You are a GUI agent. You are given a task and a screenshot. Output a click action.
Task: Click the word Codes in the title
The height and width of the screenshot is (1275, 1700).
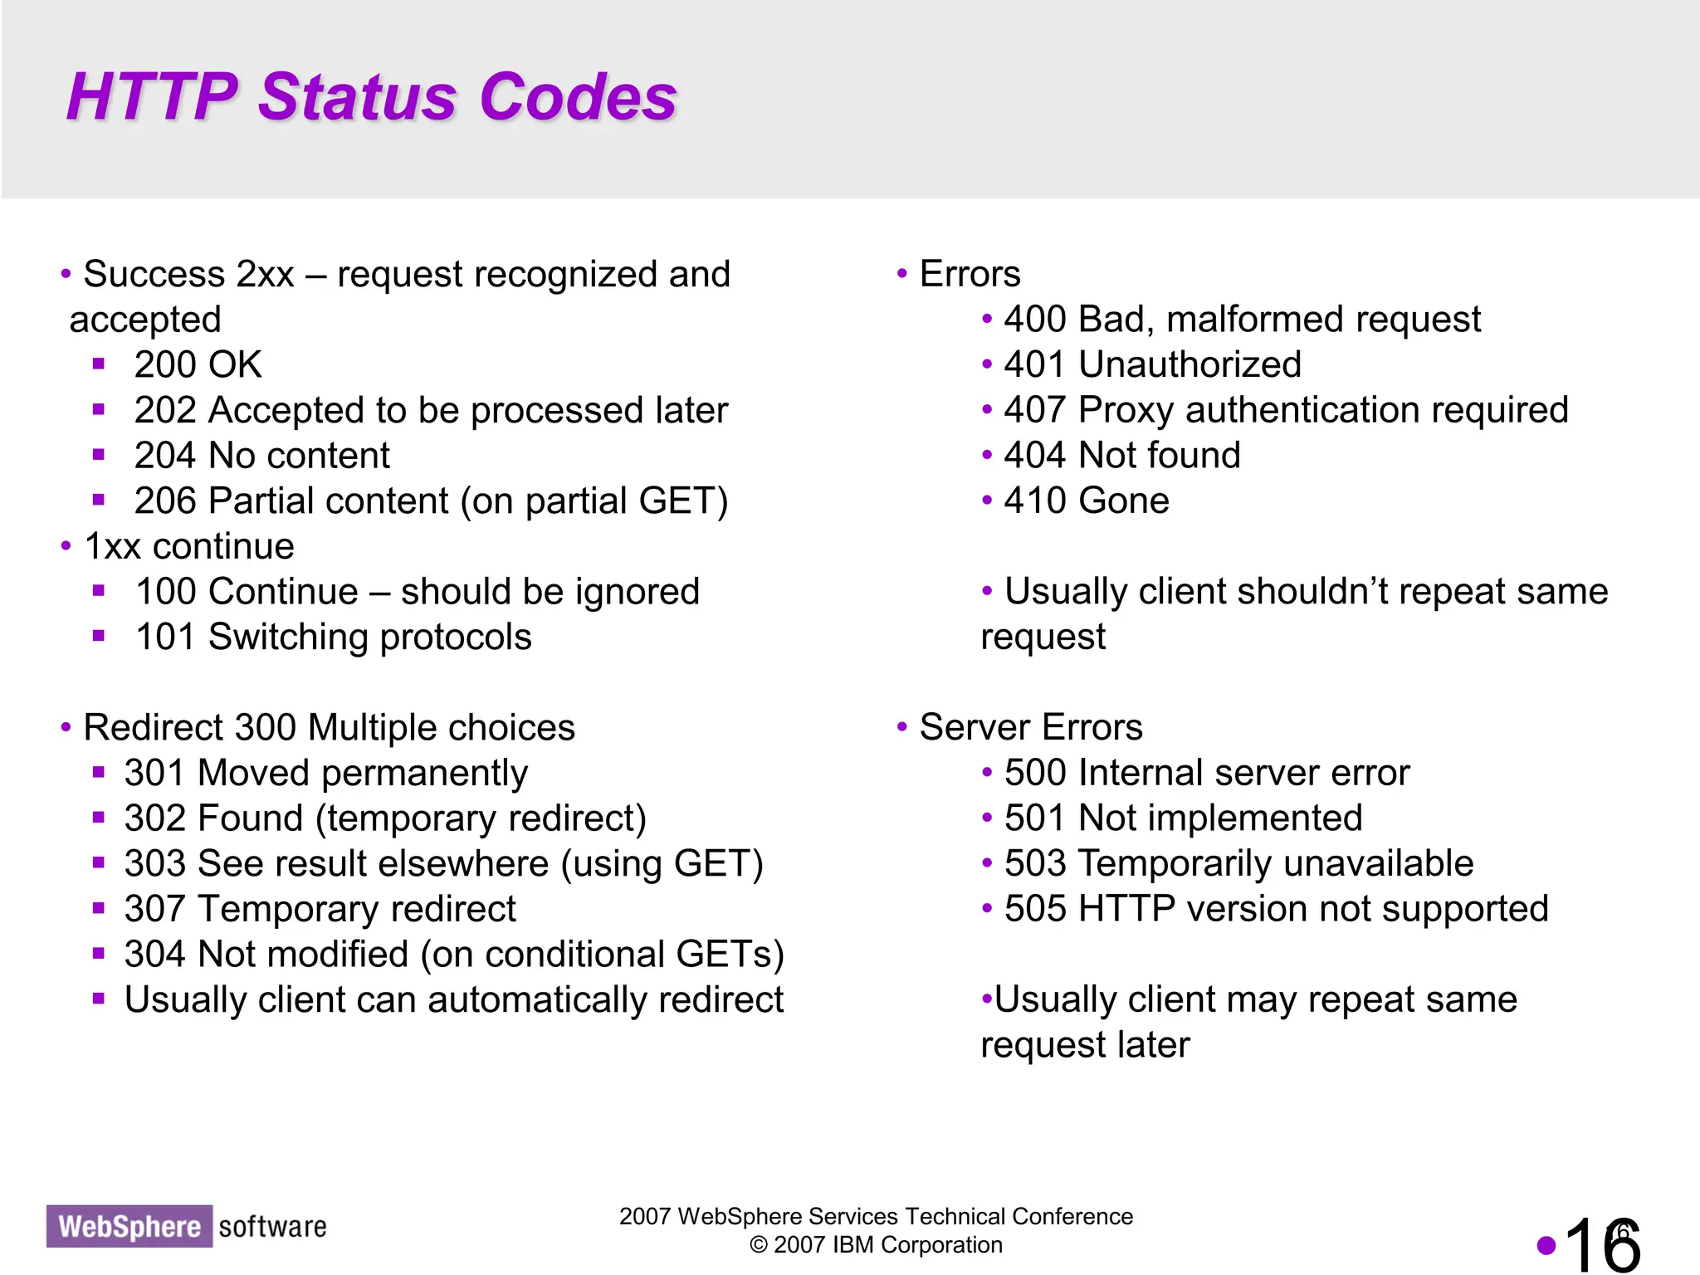click(x=578, y=97)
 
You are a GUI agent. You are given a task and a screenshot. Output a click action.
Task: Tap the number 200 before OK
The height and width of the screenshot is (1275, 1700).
click(x=164, y=365)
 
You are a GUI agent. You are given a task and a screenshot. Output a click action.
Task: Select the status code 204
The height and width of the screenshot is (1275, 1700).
click(x=164, y=456)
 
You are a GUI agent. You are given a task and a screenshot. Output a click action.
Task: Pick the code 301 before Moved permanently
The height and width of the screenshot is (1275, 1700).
click(x=154, y=774)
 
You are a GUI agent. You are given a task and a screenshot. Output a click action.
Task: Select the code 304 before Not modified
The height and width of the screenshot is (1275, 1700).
click(x=154, y=955)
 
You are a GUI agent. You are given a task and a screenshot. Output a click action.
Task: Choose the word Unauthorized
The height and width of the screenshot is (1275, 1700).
click(x=1190, y=365)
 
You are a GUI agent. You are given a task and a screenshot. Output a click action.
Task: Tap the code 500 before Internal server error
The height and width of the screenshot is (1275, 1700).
click(x=1034, y=773)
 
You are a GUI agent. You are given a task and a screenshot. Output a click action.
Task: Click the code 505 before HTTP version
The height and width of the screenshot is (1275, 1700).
click(x=1034, y=909)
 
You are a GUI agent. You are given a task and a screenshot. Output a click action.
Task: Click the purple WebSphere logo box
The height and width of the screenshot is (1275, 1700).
click(x=129, y=1226)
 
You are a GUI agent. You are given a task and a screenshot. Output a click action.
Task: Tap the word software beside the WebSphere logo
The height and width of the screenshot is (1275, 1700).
click(x=272, y=1226)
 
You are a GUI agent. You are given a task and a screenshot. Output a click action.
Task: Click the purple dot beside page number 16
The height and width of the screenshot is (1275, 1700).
click(x=1546, y=1244)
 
